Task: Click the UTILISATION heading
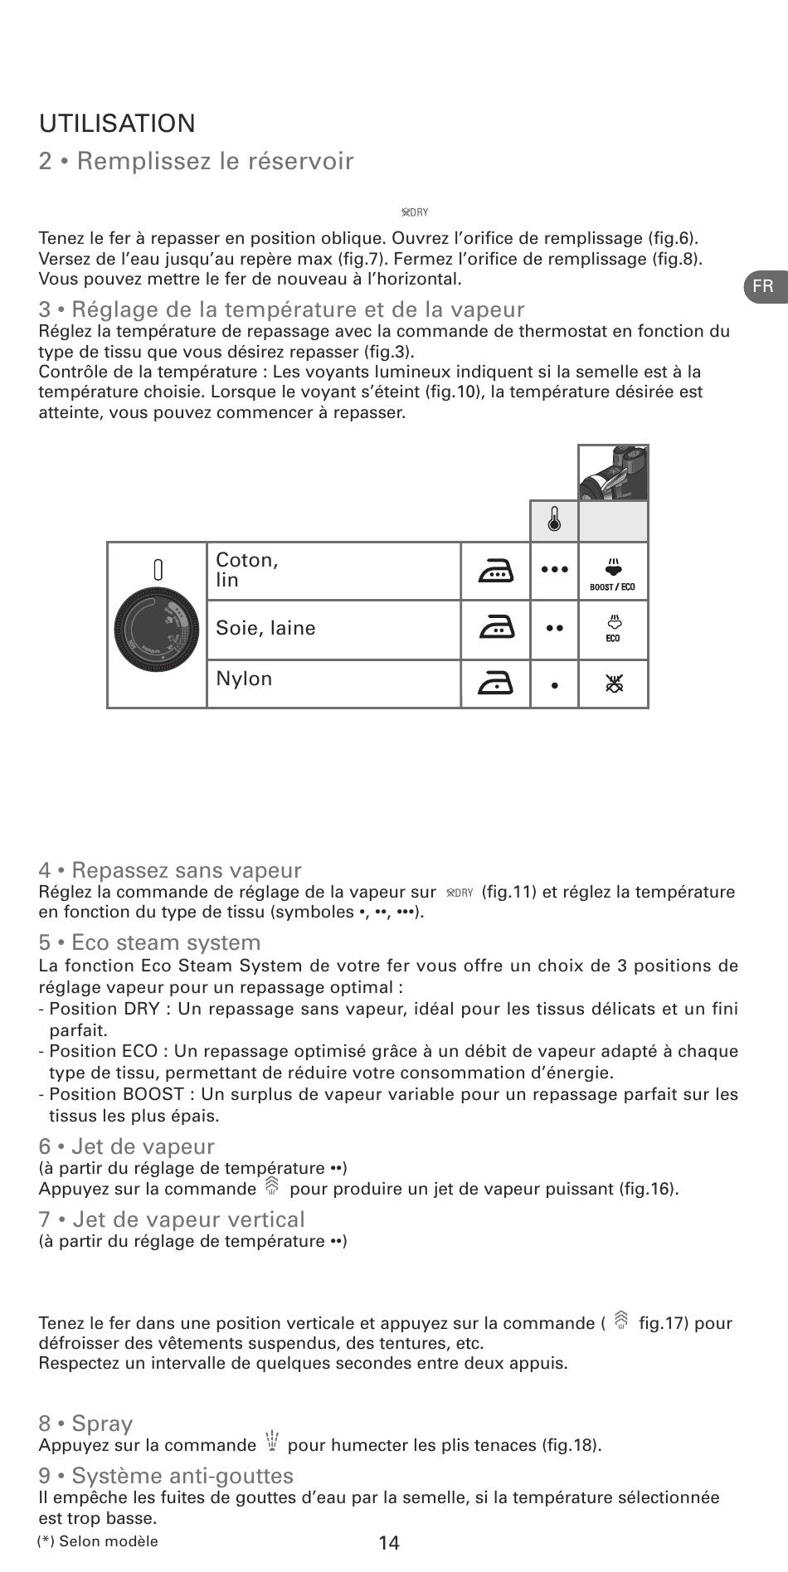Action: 117,124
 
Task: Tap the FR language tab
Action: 763,287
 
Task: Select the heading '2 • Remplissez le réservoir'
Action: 196,161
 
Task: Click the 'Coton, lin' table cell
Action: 333,571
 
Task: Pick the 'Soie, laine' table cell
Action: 333,629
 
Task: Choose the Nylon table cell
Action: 333,683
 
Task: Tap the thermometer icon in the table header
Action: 554,521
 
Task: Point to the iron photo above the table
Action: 613,473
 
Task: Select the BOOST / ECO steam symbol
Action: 613,572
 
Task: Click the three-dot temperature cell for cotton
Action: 554,570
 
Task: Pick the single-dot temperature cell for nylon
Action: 554,685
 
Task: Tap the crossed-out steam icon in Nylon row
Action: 614,684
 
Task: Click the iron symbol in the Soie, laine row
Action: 495,630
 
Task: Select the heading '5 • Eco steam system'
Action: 149,943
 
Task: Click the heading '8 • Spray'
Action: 85,1424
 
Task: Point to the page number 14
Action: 389,1543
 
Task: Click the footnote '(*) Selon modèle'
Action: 98,1541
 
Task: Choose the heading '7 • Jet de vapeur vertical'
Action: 172,1219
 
